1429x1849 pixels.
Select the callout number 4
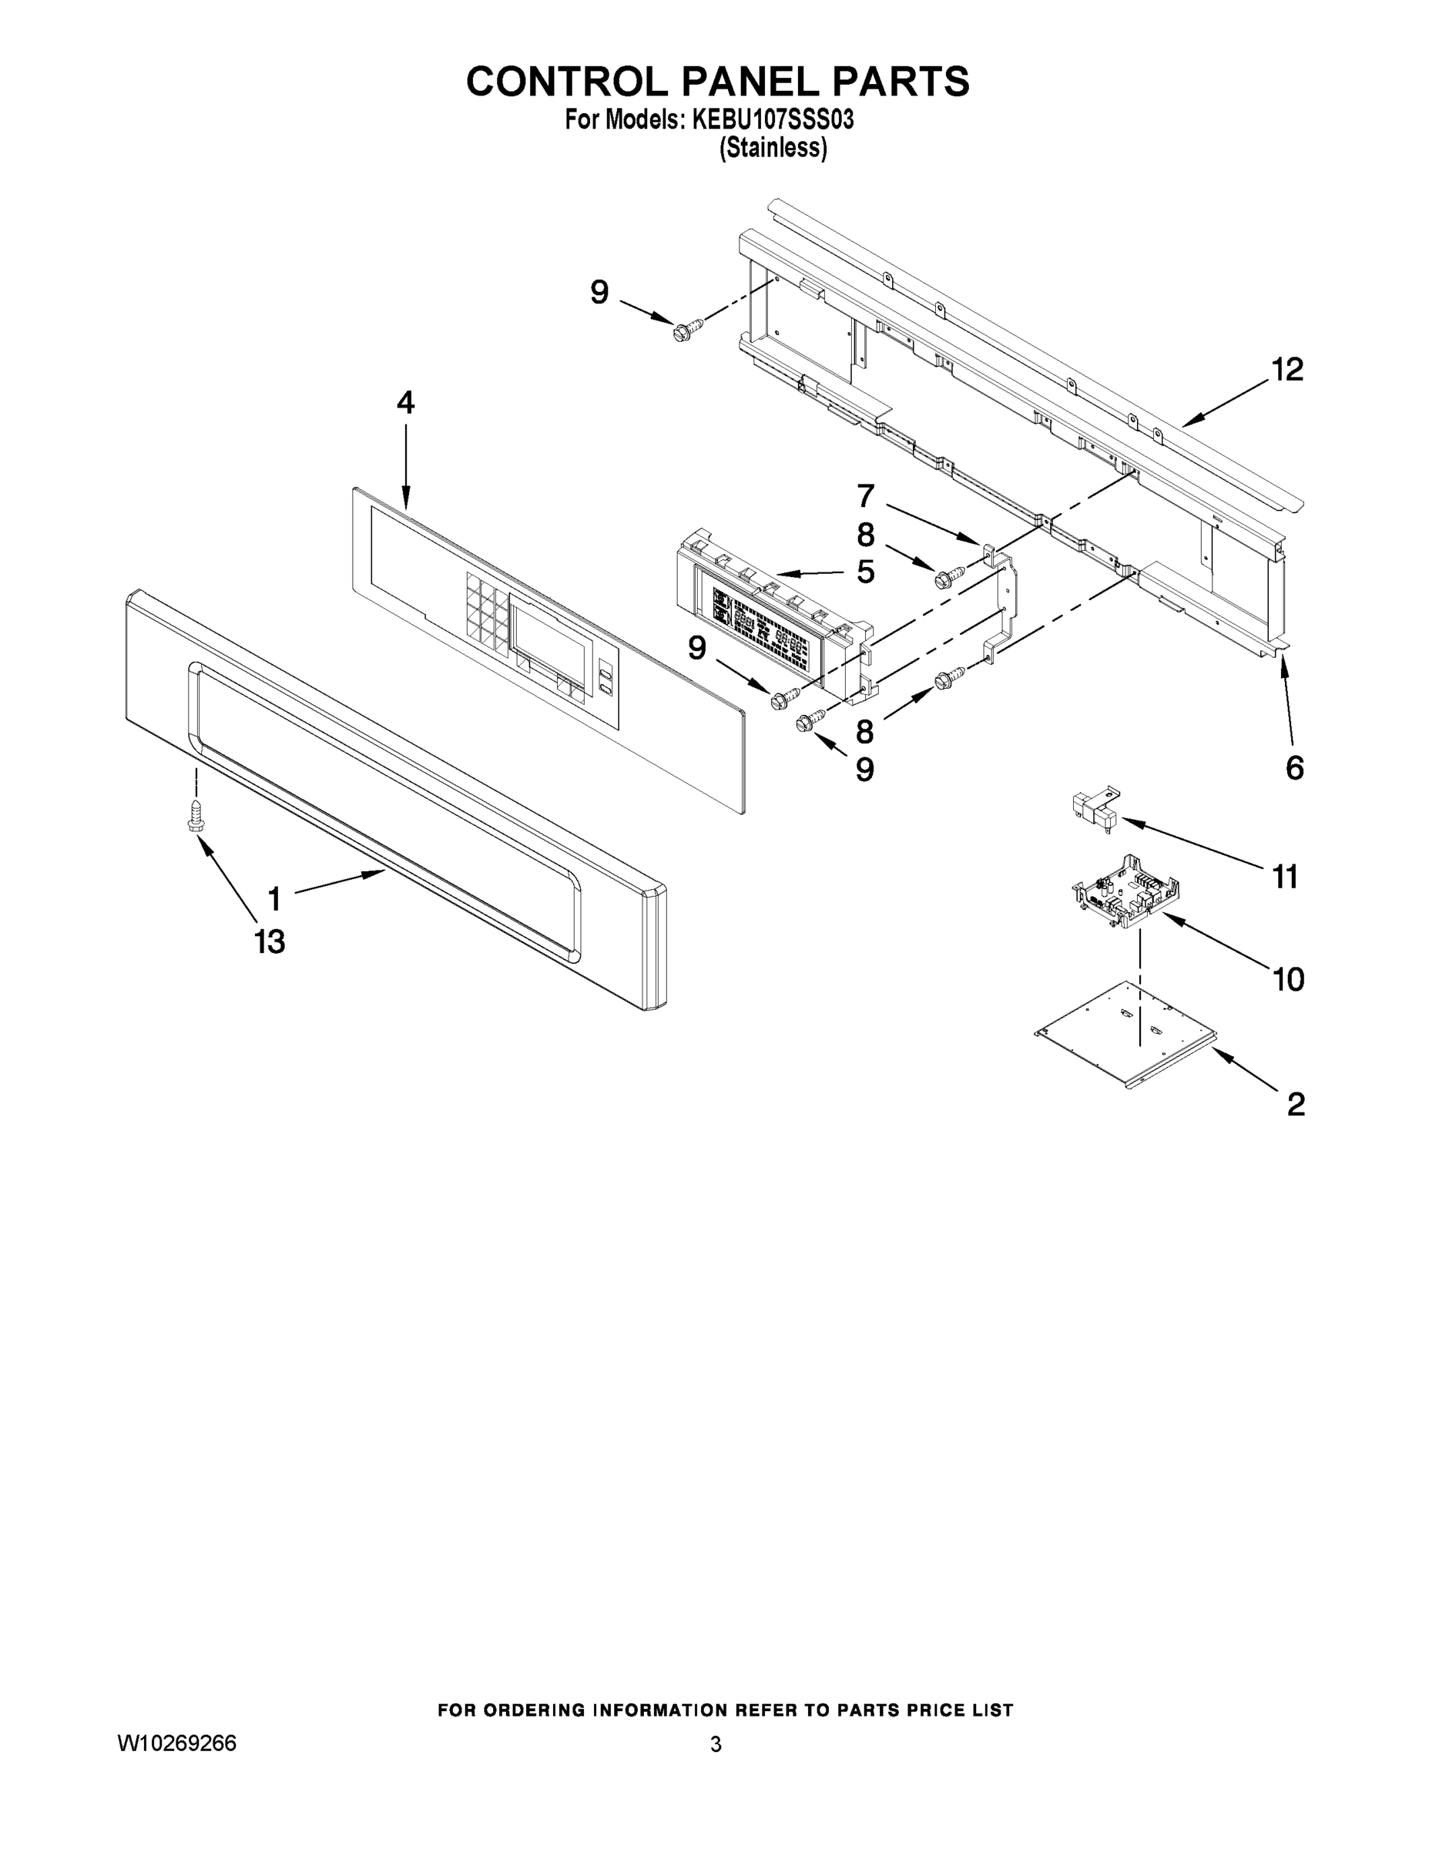coord(405,402)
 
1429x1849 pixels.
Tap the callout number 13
coord(270,941)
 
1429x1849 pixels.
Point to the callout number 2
coord(1295,1104)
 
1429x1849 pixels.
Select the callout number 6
coord(1294,768)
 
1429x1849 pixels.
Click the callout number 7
coord(865,495)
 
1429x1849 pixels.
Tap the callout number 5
coord(865,572)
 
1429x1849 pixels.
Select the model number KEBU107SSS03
coord(772,120)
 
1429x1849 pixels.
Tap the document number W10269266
coord(177,1743)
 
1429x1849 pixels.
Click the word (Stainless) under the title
coord(772,148)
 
